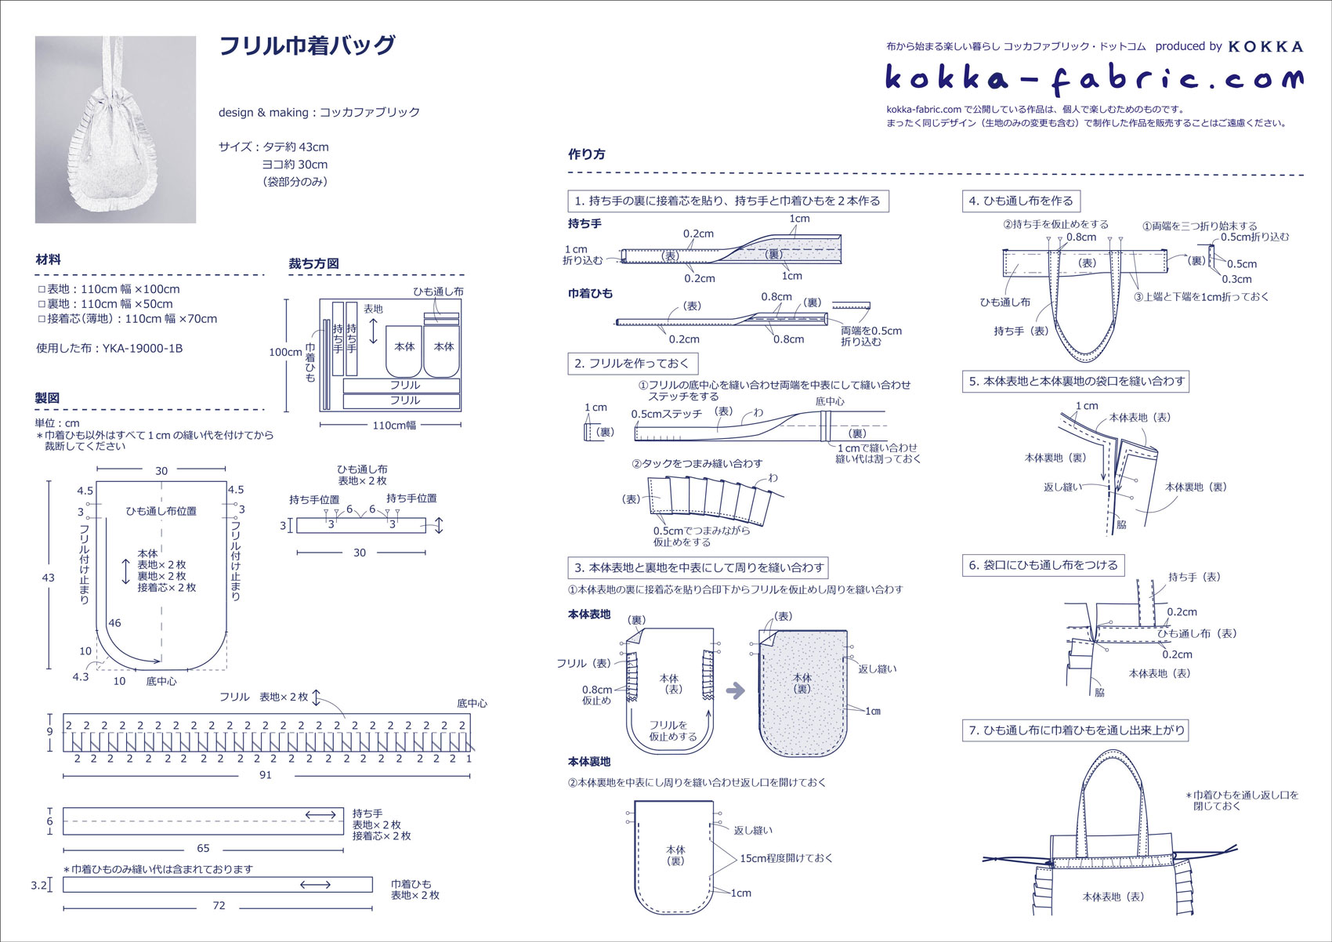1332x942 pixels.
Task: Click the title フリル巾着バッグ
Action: tap(306, 46)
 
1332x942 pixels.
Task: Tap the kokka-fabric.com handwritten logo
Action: tap(1094, 77)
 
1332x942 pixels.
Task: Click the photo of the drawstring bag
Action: tap(115, 129)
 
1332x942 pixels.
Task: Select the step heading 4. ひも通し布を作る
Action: tap(1020, 201)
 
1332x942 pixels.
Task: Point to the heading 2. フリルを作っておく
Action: tap(632, 364)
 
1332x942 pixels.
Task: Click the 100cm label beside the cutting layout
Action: tap(284, 352)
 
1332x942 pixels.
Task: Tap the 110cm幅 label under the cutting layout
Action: tap(394, 426)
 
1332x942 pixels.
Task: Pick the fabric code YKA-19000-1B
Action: tap(142, 349)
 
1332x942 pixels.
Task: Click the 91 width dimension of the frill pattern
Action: tap(266, 775)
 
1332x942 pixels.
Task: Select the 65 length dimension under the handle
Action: tap(203, 848)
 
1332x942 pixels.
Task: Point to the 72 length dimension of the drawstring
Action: tap(219, 905)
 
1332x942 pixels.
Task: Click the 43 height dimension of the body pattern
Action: tap(48, 578)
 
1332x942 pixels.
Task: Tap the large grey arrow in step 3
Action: tap(735, 690)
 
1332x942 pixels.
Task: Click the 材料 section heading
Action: tap(48, 259)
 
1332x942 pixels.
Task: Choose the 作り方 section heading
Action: tap(586, 154)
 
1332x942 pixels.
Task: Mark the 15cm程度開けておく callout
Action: tap(786, 858)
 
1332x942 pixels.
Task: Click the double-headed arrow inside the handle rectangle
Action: tap(320, 816)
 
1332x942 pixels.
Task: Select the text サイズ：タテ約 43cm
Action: tap(273, 147)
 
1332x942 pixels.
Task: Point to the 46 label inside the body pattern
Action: tap(114, 623)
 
